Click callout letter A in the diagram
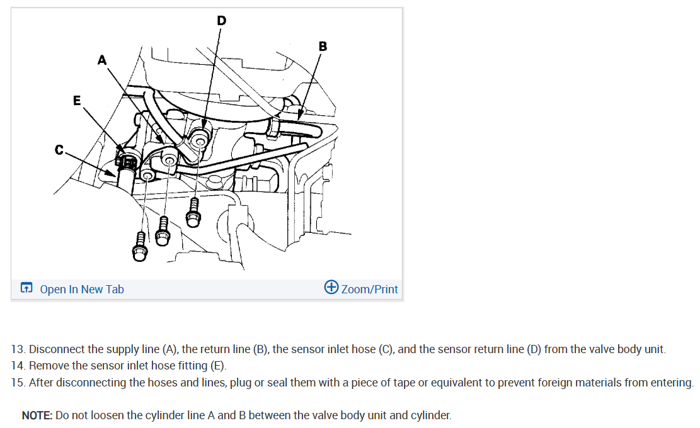click(102, 60)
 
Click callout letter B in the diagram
click(323, 46)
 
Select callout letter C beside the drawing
click(59, 150)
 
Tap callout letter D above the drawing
click(221, 21)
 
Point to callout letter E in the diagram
click(77, 100)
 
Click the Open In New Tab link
click(82, 290)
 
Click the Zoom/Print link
click(369, 290)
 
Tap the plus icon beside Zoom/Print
click(331, 288)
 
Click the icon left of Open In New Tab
click(26, 289)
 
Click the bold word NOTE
click(37, 416)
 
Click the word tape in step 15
click(376, 383)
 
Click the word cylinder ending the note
click(431, 416)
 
